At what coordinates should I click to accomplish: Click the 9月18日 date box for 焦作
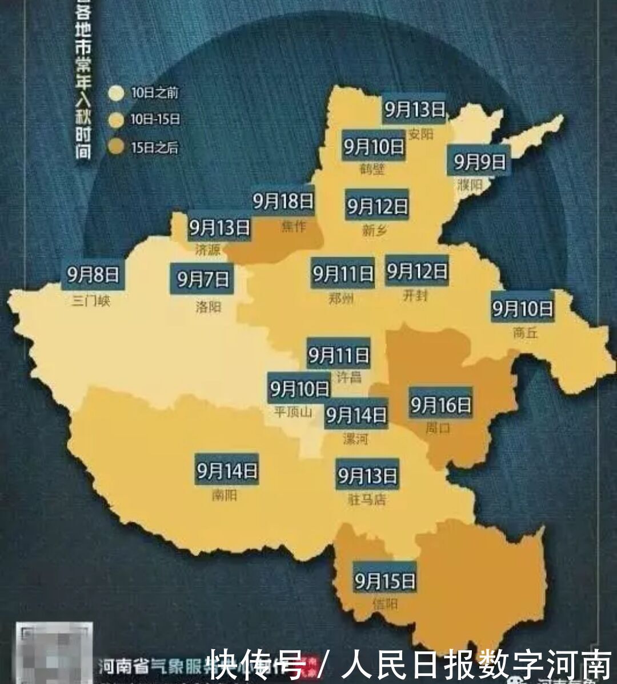coord(283,201)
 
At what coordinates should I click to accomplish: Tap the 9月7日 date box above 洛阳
coord(203,279)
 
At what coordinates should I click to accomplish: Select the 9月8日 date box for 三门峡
coord(93,275)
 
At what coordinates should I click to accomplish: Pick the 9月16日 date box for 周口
coord(440,405)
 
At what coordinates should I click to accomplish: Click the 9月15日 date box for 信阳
coord(384,581)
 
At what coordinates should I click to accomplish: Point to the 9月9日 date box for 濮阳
coord(480,162)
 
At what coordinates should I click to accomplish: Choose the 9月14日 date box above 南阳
coord(227,471)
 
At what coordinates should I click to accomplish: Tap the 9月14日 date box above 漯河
coord(356,415)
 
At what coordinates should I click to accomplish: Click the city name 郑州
coord(341,299)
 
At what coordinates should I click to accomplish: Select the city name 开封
coord(415,296)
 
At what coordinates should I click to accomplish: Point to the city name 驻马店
coord(367,500)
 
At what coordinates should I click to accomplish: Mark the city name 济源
coord(207,250)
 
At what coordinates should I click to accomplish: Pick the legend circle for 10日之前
coord(117,93)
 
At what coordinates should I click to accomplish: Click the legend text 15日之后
coord(154,147)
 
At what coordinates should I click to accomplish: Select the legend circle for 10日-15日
coord(117,119)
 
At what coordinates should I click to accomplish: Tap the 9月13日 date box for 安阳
coord(414,109)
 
